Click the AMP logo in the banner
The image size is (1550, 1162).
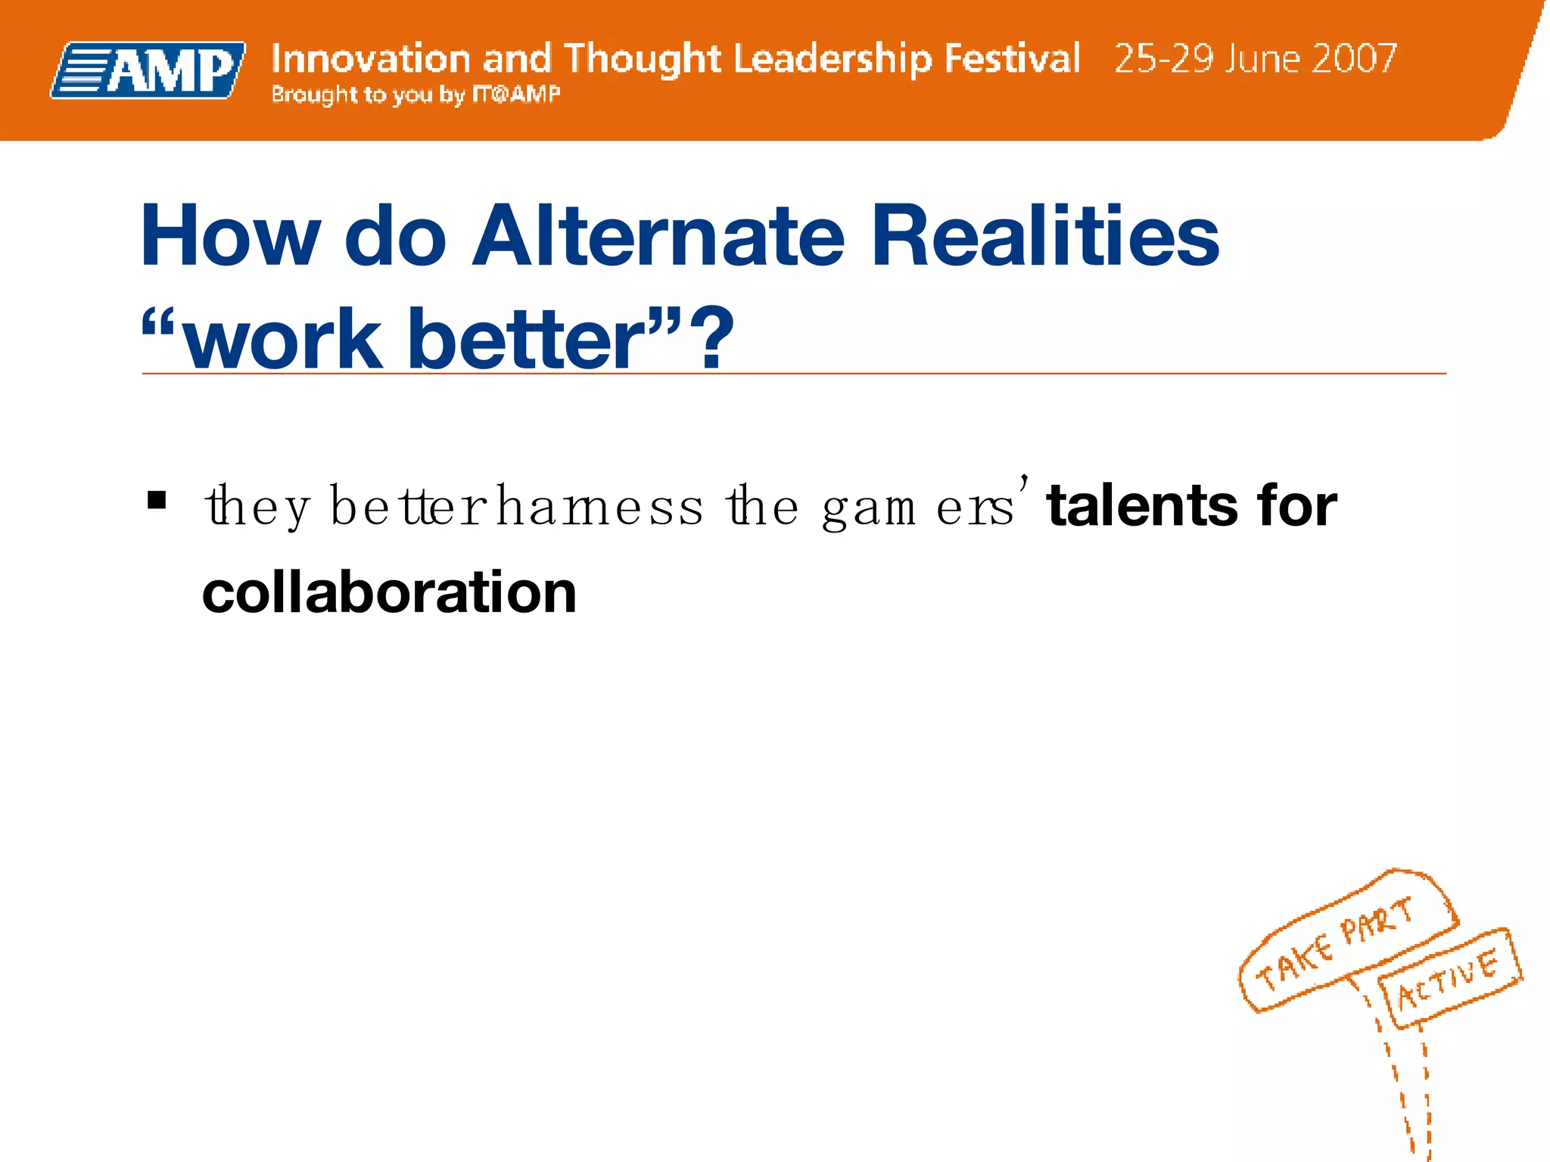(x=148, y=70)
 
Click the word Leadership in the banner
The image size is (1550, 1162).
(x=833, y=59)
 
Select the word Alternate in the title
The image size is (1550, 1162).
(x=658, y=237)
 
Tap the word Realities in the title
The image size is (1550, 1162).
(x=1044, y=237)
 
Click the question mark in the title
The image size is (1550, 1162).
(x=715, y=338)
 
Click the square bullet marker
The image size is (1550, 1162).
(x=157, y=501)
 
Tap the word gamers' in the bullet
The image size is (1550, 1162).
(x=923, y=508)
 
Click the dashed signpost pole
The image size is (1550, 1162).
(x=1408, y=1089)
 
